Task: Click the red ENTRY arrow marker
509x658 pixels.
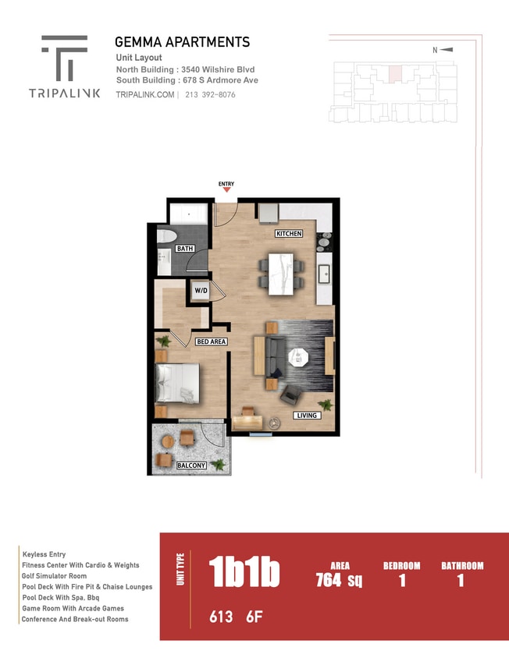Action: point(226,189)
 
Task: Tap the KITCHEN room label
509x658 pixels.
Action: point(288,234)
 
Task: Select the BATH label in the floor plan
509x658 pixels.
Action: point(184,249)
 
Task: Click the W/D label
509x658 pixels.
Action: point(201,291)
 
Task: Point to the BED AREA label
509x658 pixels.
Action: point(211,341)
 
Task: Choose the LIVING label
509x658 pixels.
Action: point(306,416)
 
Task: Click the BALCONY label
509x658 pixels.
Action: point(190,465)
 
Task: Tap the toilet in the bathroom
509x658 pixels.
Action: point(167,235)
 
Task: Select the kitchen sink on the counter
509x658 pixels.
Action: point(324,274)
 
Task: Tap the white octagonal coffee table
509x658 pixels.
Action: point(298,357)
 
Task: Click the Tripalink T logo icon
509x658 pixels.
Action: point(64,58)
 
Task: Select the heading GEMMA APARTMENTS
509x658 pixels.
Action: point(182,42)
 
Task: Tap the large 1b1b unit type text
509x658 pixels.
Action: point(244,573)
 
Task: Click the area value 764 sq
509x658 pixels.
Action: point(340,580)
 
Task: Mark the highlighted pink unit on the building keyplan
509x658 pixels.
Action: point(395,74)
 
